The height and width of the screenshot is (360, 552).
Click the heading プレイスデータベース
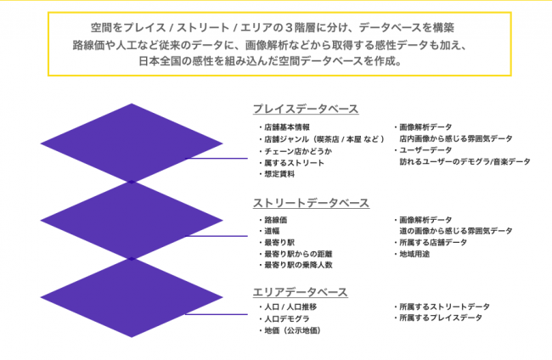tap(306, 109)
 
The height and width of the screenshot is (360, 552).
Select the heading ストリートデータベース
tap(311, 203)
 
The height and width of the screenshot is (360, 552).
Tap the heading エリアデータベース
tap(301, 292)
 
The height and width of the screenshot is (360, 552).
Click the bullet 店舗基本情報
tap(284, 127)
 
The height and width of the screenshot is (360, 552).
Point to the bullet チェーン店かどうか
tap(296, 151)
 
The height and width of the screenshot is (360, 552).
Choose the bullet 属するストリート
tap(291, 163)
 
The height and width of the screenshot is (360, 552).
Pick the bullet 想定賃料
tap(277, 174)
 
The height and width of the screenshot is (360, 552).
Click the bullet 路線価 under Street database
tap(273, 220)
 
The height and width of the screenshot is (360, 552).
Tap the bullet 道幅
tap(269, 231)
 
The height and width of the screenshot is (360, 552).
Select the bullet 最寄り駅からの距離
tap(296, 254)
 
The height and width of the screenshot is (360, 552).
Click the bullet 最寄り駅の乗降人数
tap(296, 265)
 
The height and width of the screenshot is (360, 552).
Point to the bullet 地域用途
tap(412, 254)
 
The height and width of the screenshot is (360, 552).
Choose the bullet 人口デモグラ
tap(284, 319)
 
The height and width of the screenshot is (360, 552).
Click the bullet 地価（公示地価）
tap(290, 330)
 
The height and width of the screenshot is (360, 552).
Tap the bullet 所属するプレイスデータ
tap(438, 318)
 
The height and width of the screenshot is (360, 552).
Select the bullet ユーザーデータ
tap(423, 150)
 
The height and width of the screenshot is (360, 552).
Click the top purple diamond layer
tap(132, 143)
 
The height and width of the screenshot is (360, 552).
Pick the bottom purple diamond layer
tap(132, 297)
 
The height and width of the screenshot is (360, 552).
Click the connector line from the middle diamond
tap(217, 236)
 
